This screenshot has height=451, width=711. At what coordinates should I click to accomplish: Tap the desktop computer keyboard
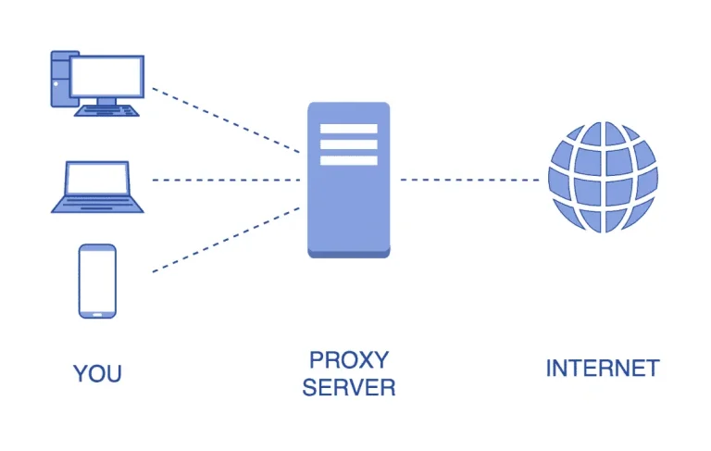(106, 110)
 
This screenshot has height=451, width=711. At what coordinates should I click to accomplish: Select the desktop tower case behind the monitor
(60, 79)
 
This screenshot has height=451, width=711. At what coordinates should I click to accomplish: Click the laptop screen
(97, 180)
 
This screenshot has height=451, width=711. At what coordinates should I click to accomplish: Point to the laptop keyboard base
(97, 206)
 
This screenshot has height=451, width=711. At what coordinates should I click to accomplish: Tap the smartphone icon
(97, 281)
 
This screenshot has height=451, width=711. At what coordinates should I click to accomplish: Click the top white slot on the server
(348, 129)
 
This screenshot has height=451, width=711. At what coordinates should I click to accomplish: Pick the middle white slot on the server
(348, 144)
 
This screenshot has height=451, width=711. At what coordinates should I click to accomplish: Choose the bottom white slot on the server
(348, 160)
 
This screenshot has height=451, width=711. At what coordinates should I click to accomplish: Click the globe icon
(602, 179)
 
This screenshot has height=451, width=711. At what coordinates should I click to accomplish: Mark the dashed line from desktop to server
(226, 120)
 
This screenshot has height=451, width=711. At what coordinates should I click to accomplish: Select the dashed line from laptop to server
(226, 180)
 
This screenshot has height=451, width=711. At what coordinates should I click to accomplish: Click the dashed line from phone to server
(226, 239)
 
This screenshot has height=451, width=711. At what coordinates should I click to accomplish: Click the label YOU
(97, 374)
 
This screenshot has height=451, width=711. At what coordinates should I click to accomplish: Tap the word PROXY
(349, 359)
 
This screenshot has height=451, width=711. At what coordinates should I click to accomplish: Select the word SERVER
(349, 388)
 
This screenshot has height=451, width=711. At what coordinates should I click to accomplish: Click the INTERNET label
(602, 368)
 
